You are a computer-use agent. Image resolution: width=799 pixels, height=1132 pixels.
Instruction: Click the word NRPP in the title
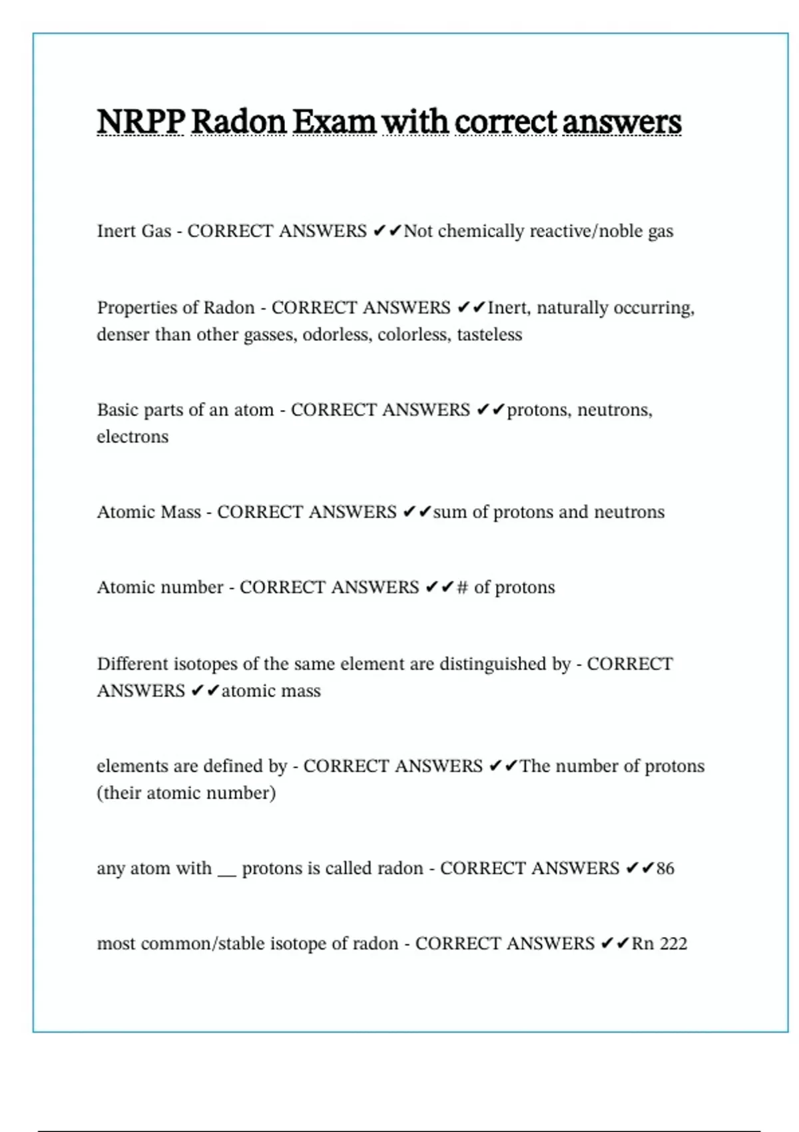coord(140,122)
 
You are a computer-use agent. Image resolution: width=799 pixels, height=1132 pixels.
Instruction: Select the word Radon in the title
coord(238,122)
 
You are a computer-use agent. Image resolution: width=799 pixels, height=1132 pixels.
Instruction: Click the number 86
coord(665,868)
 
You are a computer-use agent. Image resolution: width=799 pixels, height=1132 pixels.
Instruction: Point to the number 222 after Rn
coord(673,944)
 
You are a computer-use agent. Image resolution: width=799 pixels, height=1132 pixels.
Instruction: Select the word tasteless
coord(489,334)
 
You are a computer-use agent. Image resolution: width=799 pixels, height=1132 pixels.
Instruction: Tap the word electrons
coord(133,437)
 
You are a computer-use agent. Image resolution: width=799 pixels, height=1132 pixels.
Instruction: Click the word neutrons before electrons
coord(615,410)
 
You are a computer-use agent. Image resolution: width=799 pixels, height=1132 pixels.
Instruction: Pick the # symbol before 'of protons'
coord(463,587)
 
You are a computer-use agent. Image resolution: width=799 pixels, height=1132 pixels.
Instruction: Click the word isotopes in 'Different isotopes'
coord(206,664)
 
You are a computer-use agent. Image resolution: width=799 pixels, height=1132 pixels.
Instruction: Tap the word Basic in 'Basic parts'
coord(115,410)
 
